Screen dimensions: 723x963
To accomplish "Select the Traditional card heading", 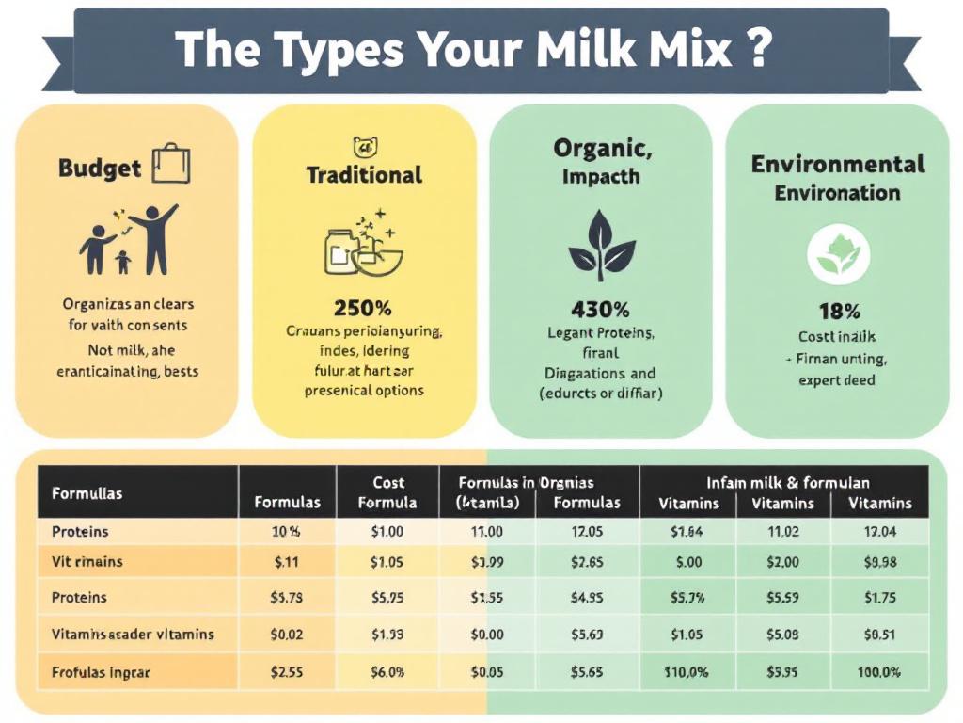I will (x=364, y=175).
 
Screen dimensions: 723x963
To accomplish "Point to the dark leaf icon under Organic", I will (x=602, y=247).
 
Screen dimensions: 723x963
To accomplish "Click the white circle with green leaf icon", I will (x=839, y=253).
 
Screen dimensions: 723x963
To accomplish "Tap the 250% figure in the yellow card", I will (x=363, y=308).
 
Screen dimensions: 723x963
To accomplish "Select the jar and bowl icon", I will (x=362, y=246).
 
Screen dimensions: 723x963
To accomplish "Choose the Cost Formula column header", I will (x=387, y=492).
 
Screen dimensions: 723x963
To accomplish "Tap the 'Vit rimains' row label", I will (x=87, y=562).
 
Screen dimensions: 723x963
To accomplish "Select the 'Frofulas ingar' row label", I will (x=101, y=673).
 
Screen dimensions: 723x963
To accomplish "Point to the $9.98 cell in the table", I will (x=879, y=562).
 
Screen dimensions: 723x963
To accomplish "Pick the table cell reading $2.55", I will (x=286, y=673).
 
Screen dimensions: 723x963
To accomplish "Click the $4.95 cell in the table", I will (x=587, y=598).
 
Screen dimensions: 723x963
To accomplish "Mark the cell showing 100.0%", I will (x=879, y=673).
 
